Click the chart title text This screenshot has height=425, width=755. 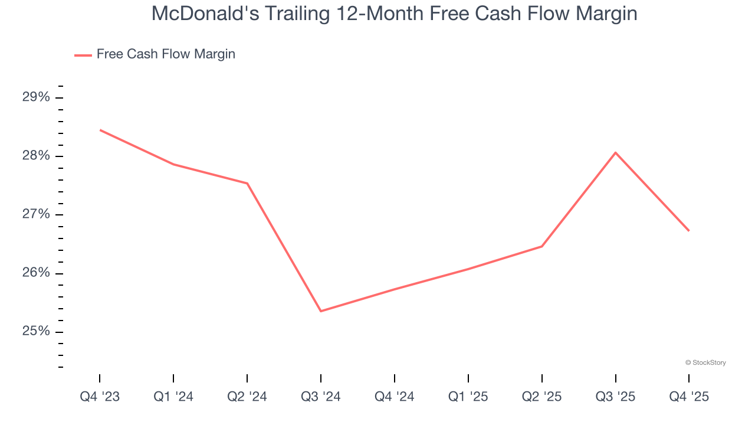click(x=394, y=14)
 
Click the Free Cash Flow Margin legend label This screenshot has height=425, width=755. click(x=166, y=54)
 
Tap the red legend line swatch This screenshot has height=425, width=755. click(x=83, y=55)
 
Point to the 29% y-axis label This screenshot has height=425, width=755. click(x=37, y=97)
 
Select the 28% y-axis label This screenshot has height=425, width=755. click(x=37, y=156)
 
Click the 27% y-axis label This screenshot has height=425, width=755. click(x=37, y=214)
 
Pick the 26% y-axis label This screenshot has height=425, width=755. click(x=37, y=273)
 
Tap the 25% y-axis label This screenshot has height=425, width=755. click(x=37, y=332)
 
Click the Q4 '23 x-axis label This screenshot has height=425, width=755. click(x=100, y=397)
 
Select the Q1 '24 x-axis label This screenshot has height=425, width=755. click(x=173, y=397)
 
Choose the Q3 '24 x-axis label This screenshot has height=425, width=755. click(x=321, y=397)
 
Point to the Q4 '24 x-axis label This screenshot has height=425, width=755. click(x=395, y=397)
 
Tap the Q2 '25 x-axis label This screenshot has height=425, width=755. click(x=542, y=397)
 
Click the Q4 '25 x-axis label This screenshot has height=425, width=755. click(x=689, y=397)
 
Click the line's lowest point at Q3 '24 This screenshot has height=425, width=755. click(x=321, y=311)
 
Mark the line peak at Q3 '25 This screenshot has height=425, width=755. click(x=616, y=153)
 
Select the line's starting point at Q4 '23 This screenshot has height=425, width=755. click(x=100, y=130)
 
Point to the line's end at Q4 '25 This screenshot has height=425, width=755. click(x=688, y=230)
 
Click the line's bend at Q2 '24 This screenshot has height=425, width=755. click(x=247, y=183)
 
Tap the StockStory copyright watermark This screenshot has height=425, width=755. click(x=705, y=362)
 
